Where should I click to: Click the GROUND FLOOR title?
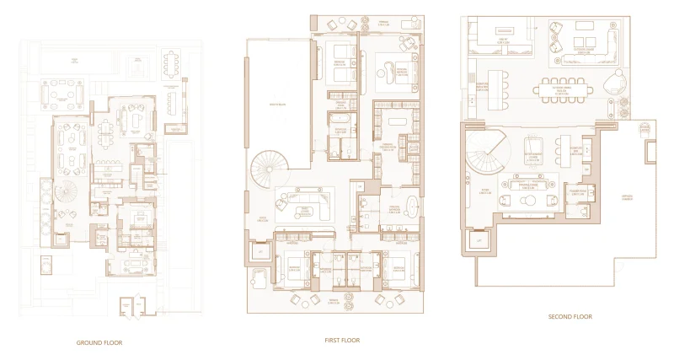pos(100,343)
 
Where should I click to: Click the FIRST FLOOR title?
pos(343,341)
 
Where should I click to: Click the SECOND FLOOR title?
pos(570,317)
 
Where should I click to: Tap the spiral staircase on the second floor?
pos(488,157)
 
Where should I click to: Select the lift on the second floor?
pos(479,242)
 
